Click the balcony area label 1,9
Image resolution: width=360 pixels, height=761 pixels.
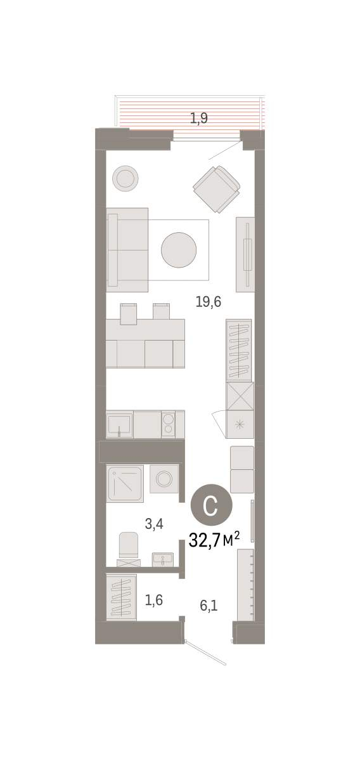coord(198,118)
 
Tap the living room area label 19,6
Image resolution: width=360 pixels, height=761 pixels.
coord(208,301)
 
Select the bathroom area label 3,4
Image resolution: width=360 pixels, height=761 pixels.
coord(154,524)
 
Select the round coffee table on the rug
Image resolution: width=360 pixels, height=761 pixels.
coord(179,250)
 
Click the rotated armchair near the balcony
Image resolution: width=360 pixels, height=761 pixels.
coord(217,189)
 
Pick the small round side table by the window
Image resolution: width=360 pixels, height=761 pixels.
coord(125,178)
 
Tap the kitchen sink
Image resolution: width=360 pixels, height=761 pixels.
coord(119,424)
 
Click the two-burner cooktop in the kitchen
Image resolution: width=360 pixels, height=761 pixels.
coord(168,424)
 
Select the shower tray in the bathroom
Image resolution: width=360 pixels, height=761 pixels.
coord(125,483)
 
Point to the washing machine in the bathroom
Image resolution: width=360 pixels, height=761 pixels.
coord(164,479)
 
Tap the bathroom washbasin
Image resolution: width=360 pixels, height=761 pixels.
coord(163,559)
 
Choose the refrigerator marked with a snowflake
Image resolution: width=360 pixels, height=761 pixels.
coord(240,424)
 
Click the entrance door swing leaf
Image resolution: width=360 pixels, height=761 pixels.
coord(205,653)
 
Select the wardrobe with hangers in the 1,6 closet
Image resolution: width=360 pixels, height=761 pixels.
coord(121,597)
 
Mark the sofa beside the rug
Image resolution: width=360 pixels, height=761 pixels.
coord(127,250)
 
